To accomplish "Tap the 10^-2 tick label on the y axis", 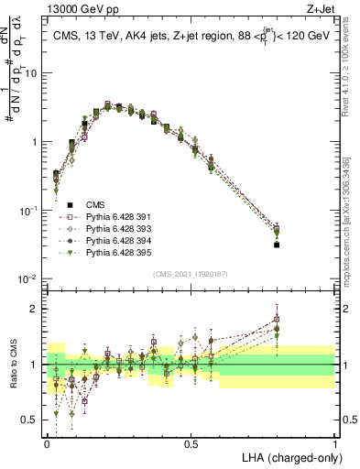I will pyautogui.click(x=30, y=279).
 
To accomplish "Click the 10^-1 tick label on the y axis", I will pyautogui.click(x=30, y=211).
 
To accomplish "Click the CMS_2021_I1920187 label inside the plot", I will pyautogui.click(x=191, y=273).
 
